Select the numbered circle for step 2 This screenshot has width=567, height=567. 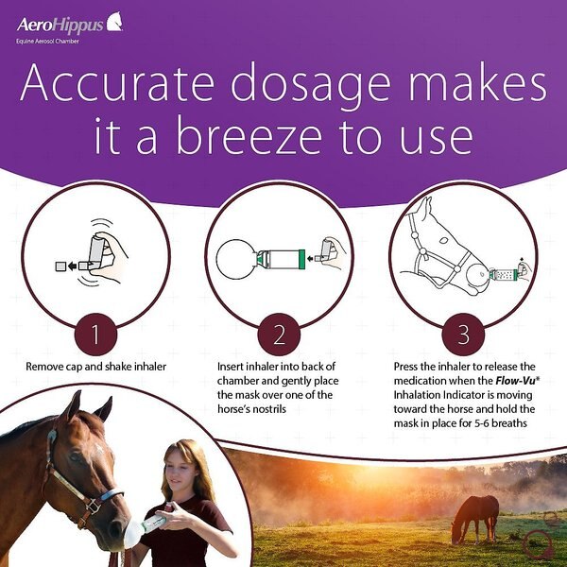click(279, 335)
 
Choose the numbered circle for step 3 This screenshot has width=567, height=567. click(462, 335)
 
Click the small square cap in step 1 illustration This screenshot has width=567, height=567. click(60, 267)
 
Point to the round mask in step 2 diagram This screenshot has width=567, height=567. click(237, 259)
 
